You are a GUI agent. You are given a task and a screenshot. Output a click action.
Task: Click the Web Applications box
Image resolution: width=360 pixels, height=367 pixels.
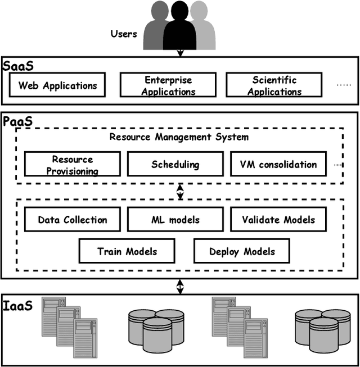[x=57, y=85]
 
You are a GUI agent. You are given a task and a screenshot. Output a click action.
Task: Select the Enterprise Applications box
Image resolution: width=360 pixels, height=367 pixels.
[x=168, y=85]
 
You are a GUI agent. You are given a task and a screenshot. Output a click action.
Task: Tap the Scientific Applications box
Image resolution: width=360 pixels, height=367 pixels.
[x=274, y=85]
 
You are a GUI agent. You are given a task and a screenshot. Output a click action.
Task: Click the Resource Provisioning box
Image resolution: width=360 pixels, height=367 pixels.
[x=73, y=165]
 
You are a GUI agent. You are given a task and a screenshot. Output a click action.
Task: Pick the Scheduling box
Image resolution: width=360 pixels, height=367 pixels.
[x=175, y=165]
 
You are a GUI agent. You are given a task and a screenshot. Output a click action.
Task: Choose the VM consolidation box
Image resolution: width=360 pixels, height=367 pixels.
[x=278, y=165]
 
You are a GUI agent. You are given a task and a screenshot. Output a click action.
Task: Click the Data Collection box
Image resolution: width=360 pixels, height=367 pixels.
[x=72, y=219]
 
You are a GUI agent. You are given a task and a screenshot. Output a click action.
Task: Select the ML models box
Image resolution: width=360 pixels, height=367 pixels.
[x=175, y=219]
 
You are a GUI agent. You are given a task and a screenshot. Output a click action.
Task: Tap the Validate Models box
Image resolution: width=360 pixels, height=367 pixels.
[x=278, y=219]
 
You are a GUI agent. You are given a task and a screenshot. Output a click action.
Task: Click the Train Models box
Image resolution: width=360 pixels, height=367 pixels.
[x=127, y=251]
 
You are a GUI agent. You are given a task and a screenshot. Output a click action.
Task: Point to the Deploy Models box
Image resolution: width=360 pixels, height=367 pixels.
[x=242, y=251]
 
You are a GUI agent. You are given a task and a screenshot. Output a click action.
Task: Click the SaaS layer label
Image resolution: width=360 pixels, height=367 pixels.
[x=19, y=65]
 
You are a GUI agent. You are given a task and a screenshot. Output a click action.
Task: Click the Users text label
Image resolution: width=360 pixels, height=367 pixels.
[x=123, y=34]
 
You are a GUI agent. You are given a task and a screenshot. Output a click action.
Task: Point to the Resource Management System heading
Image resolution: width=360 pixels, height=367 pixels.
[x=179, y=137]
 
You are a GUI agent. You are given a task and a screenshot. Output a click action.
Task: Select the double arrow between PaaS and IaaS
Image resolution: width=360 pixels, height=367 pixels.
[x=180, y=286]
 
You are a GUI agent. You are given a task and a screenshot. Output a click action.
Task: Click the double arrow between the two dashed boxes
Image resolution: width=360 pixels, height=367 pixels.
[x=180, y=191]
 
